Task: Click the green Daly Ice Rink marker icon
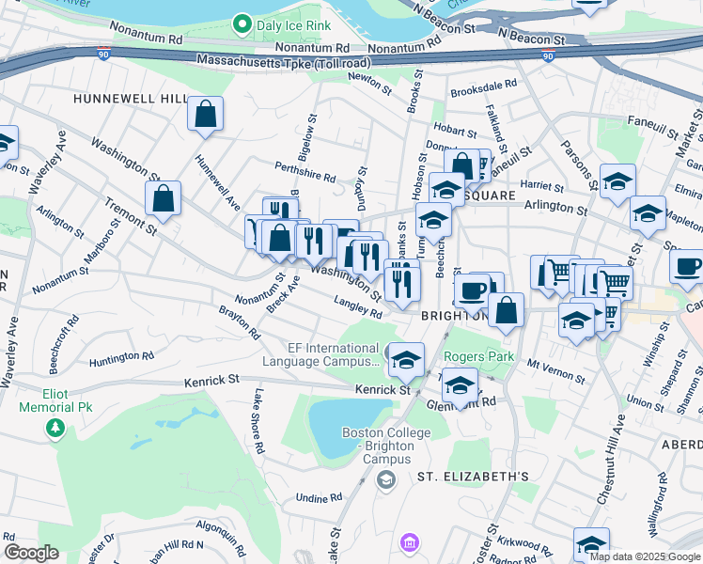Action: [242, 25]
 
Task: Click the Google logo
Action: [30, 553]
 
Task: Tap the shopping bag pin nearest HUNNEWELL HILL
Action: [205, 115]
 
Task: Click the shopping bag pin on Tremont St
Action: [164, 199]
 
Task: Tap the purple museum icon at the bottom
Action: [409, 542]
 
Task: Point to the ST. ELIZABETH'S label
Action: [473, 478]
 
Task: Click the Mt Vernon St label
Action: [549, 368]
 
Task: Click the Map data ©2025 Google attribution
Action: [645, 556]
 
